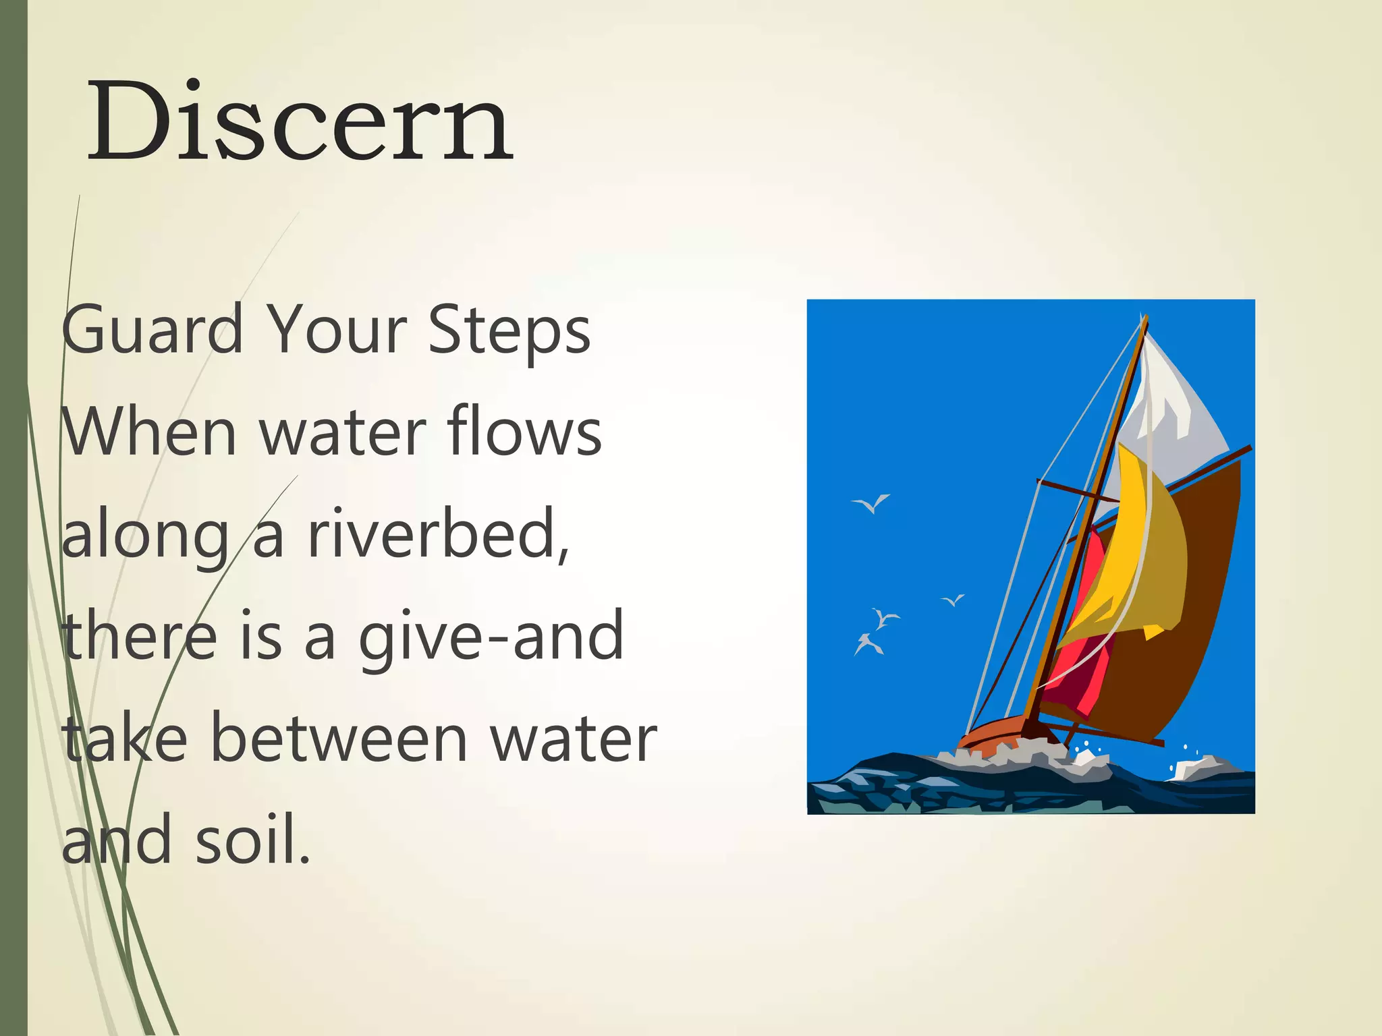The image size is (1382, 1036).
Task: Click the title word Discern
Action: click(x=300, y=121)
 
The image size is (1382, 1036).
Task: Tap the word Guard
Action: click(x=153, y=330)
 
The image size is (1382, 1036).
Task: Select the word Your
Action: click(x=337, y=330)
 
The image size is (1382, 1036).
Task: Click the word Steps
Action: click(x=509, y=330)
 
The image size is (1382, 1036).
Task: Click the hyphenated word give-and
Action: click(x=491, y=637)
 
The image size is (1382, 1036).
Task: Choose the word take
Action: click(x=125, y=739)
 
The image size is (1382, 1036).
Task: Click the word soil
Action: click(x=253, y=840)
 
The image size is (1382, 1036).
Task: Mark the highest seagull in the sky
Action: click(x=872, y=503)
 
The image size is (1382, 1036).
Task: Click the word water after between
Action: click(x=573, y=739)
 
